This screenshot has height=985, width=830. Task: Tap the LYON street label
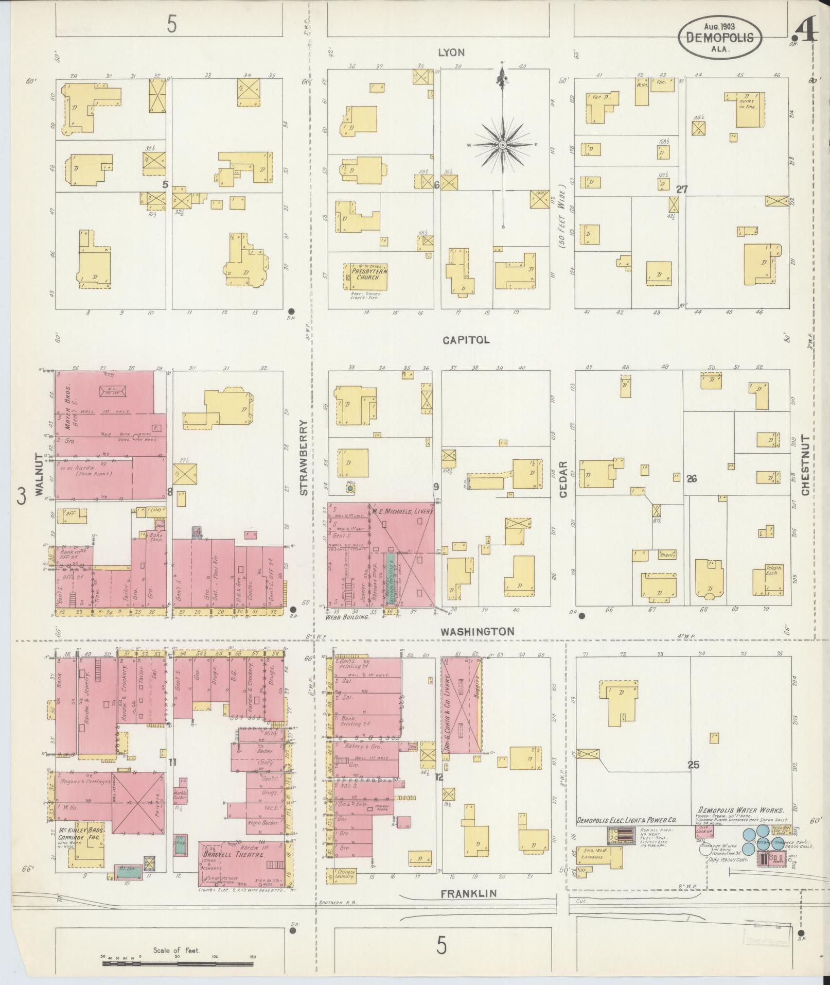451,53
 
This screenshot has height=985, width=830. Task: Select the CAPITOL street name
465,340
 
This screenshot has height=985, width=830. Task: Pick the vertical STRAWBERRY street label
304,458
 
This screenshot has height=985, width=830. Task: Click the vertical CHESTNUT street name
806,465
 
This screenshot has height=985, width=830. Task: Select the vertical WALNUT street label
40,474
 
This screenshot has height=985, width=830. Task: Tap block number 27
682,189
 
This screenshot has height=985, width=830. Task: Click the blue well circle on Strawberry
350,488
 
